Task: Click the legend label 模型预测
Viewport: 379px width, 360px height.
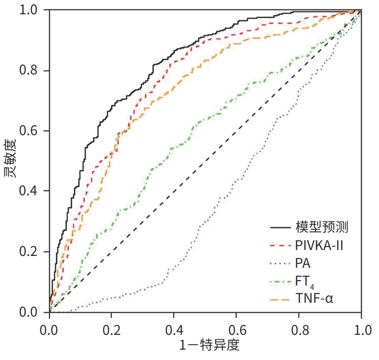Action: click(x=322, y=227)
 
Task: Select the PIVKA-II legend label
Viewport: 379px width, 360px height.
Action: click(x=319, y=245)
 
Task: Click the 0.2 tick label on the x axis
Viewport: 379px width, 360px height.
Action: click(x=112, y=327)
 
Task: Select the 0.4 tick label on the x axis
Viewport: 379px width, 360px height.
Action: click(x=174, y=327)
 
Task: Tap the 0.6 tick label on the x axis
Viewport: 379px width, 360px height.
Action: click(x=236, y=327)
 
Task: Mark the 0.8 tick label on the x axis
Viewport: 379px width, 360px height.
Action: click(x=299, y=327)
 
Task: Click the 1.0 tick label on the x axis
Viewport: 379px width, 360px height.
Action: click(x=361, y=327)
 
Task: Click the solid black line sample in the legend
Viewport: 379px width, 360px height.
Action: click(x=279, y=228)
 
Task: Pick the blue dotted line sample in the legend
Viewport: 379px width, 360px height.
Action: click(x=279, y=263)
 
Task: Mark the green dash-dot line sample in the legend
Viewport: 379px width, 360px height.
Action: click(x=279, y=281)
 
